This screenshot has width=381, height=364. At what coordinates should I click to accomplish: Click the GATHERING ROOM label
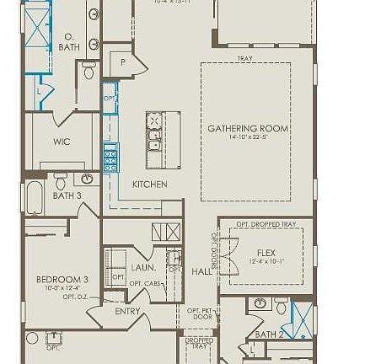pyautogui.click(x=248, y=129)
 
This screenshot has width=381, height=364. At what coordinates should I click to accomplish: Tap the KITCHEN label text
pyautogui.click(x=149, y=184)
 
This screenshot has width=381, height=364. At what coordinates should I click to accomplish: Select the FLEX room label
pyautogui.click(x=266, y=252)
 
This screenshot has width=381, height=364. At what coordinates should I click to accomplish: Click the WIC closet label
pyautogui.click(x=62, y=142)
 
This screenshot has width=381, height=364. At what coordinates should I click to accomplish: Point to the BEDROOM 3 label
pyautogui.click(x=62, y=279)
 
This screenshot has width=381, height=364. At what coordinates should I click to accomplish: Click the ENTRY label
pyautogui.click(x=127, y=311)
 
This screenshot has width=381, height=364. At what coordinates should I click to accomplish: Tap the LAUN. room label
pyautogui.click(x=143, y=267)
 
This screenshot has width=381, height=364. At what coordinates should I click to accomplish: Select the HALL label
pyautogui.click(x=201, y=272)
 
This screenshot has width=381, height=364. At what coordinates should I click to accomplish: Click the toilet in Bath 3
pyautogui.click(x=61, y=181)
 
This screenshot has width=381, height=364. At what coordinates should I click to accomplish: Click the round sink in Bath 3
pyautogui.click(x=88, y=179)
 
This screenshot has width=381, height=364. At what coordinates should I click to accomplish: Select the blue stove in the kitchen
pyautogui.click(x=110, y=158)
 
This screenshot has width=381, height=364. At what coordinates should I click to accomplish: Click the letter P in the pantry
pyautogui.click(x=123, y=62)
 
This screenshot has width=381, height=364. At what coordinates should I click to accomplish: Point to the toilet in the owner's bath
pyautogui.click(x=89, y=72)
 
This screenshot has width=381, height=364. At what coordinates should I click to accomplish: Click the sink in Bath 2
pyautogui.click(x=260, y=303)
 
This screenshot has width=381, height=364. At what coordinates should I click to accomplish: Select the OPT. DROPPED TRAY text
pyautogui.click(x=266, y=224)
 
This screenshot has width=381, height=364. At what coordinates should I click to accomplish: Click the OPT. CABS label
pyautogui.click(x=145, y=284)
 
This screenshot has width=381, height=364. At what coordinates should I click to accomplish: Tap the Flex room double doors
pyautogui.click(x=216, y=253)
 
